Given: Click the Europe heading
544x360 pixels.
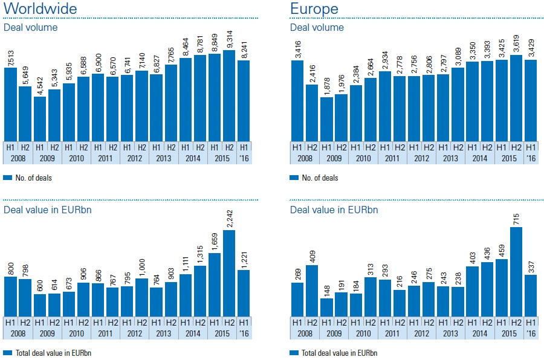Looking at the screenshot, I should (x=314, y=9).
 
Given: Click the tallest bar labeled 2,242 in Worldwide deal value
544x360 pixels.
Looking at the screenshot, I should (x=229, y=275).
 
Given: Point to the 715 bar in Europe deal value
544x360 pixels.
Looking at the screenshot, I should (x=516, y=274).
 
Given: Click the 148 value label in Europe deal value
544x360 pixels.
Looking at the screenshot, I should (x=326, y=288).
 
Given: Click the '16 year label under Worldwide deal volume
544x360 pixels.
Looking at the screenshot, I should (x=244, y=158).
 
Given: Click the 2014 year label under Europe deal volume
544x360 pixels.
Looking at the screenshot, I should (x=479, y=158).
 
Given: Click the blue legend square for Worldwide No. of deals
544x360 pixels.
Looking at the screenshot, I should (x=7, y=178).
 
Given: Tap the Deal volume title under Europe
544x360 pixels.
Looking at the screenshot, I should (x=317, y=27).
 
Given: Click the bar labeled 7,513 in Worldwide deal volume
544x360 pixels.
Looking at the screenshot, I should (x=10, y=104).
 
